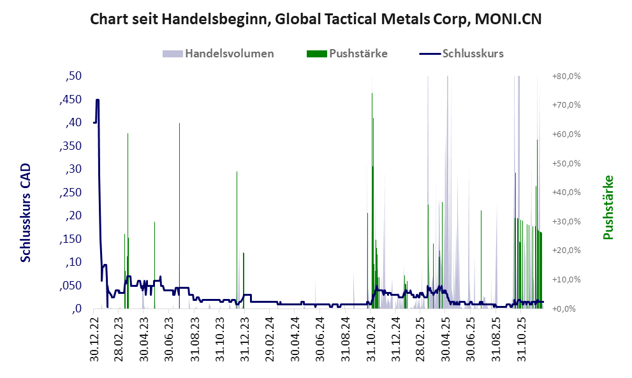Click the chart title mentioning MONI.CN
point(316,19)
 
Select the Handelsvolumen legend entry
point(229,54)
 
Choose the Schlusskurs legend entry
point(472,54)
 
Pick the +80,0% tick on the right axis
point(566,76)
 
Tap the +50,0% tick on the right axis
point(566,163)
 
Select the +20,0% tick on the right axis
point(566,251)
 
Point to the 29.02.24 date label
point(270,340)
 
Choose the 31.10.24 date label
point(371,340)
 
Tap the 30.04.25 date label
point(446,340)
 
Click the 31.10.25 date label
point(521,340)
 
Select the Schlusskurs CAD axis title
point(26,212)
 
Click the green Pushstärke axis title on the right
point(608,207)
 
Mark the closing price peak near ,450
point(98,100)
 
